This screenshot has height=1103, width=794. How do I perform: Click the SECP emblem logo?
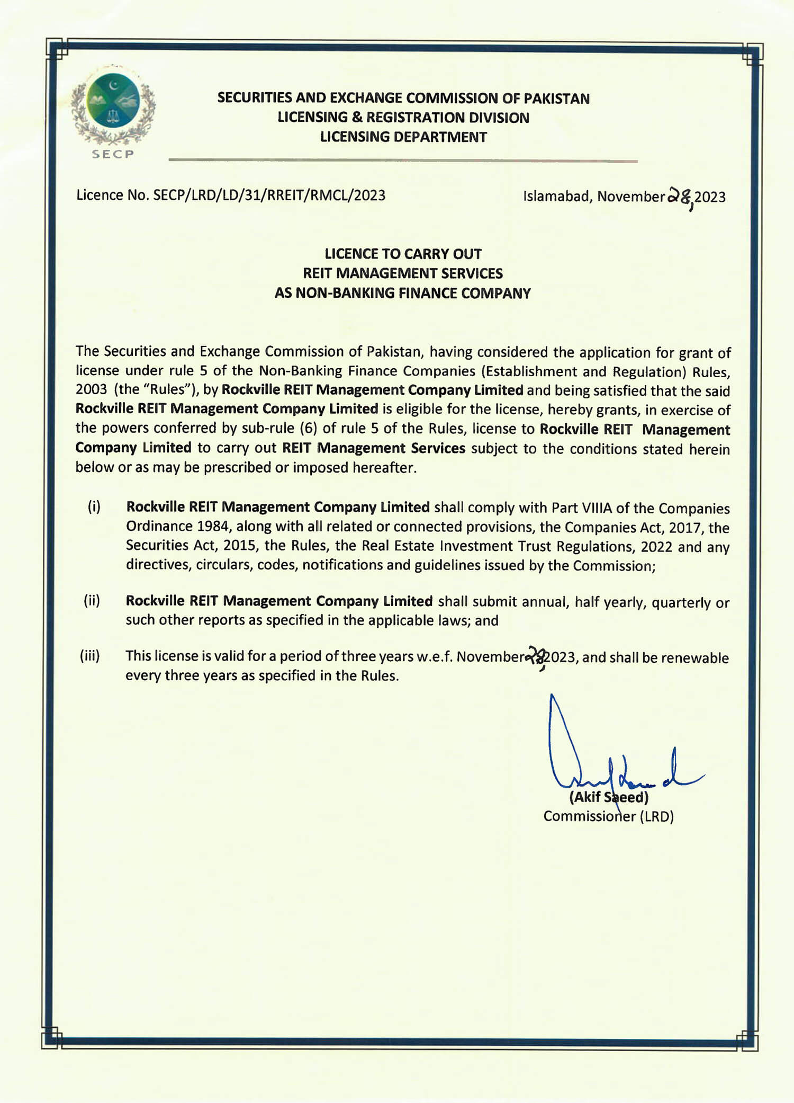click(x=113, y=106)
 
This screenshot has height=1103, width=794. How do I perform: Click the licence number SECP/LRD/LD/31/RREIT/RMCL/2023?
click(x=269, y=195)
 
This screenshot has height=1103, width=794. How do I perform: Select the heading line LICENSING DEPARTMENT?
click(x=403, y=137)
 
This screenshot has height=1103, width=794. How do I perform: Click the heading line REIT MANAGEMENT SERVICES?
click(x=403, y=273)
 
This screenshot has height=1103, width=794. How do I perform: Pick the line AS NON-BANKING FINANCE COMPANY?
click(x=402, y=293)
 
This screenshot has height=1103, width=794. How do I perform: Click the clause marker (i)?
click(x=94, y=507)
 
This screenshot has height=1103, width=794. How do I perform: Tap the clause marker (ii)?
click(x=92, y=601)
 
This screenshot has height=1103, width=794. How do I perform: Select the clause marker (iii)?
click(x=89, y=656)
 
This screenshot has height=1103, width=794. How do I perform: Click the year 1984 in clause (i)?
click(x=214, y=526)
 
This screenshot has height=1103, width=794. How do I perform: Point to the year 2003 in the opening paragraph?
click(x=91, y=389)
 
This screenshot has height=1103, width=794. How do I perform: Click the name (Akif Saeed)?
click(x=609, y=797)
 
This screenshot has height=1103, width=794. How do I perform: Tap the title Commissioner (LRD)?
click(x=609, y=816)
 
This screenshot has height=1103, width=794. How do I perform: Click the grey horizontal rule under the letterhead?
click(x=403, y=160)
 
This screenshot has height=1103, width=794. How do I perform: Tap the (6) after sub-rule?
click(x=308, y=429)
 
